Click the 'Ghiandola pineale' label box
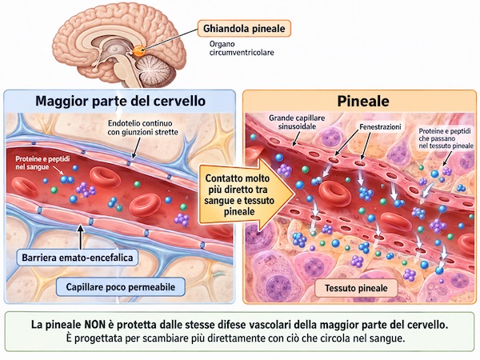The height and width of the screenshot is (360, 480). click(244, 29)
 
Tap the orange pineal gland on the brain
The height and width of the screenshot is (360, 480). click(138, 50)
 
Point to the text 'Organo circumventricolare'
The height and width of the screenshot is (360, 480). click(242, 48)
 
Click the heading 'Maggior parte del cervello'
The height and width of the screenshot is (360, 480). click(120, 101)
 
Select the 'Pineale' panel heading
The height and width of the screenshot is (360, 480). click(363, 102)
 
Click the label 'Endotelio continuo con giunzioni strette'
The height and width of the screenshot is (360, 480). click(142, 128)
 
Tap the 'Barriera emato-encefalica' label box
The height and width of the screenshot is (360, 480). click(78, 258)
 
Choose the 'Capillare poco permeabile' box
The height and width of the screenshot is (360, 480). click(121, 287)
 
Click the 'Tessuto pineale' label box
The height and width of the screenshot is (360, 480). click(356, 288)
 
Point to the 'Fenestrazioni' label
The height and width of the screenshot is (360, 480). click(380, 126)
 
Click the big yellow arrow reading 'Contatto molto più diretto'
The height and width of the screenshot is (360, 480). click(245, 194)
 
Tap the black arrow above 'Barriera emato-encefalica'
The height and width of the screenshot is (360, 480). click(81, 237)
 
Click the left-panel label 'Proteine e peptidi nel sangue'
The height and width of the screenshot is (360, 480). click(42, 163)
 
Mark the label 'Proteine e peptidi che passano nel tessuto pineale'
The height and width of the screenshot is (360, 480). click(446, 138)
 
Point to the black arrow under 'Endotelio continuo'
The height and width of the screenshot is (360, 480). click(134, 148)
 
